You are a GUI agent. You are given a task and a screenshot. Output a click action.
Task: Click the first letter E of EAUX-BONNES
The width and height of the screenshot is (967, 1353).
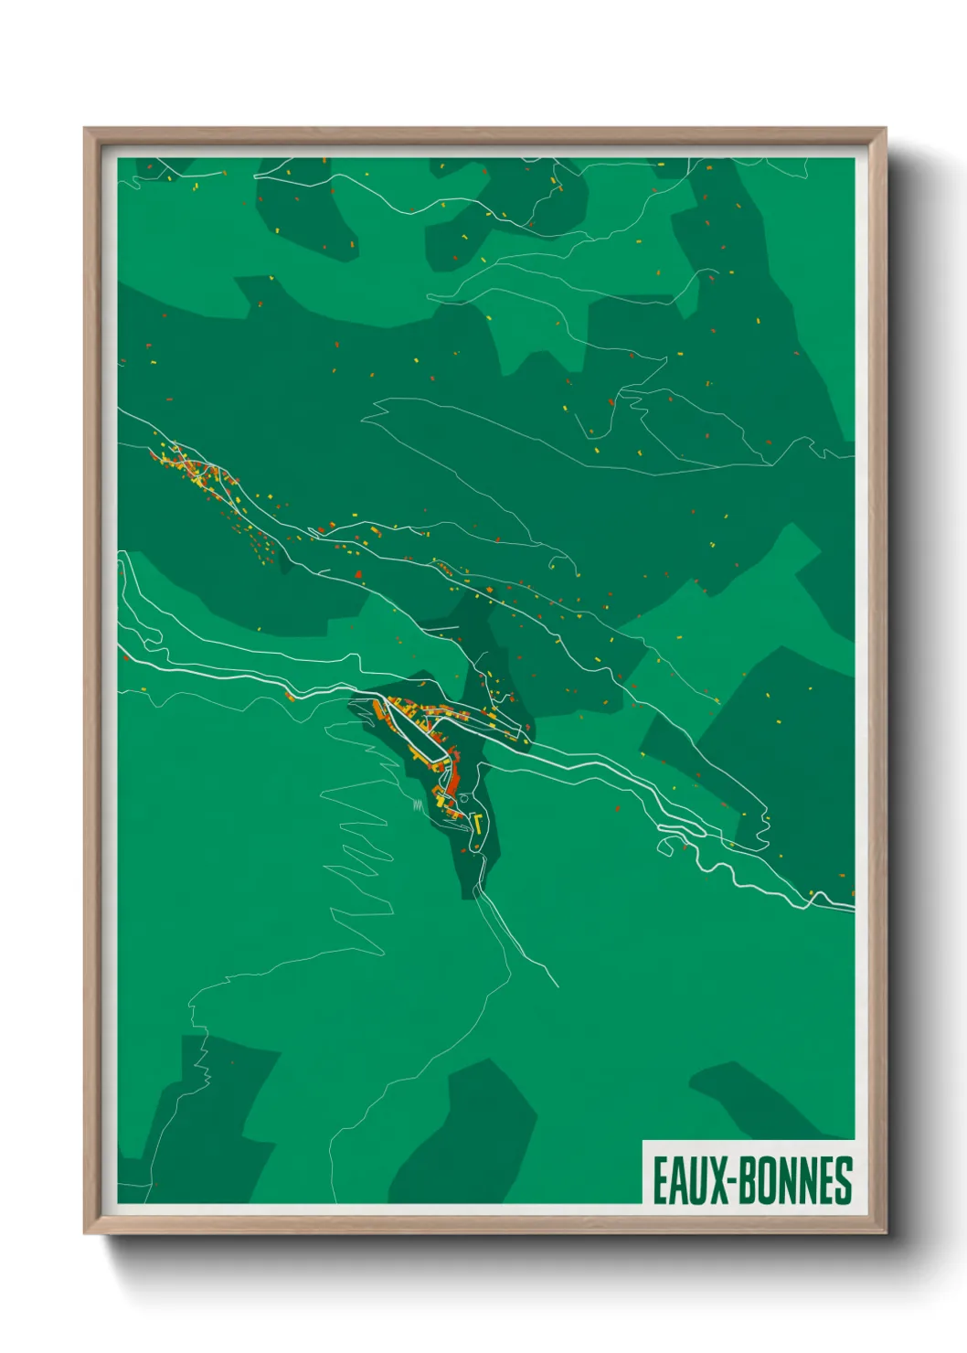click(661, 1180)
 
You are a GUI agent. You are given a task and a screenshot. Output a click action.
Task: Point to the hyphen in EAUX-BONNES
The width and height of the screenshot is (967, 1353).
click(732, 1180)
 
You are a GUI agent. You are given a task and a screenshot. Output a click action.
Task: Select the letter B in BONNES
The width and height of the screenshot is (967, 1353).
click(748, 1180)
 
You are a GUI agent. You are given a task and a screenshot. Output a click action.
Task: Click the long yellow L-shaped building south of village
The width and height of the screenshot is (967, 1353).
click(478, 823)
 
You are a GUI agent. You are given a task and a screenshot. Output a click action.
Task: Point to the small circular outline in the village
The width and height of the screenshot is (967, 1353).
click(463, 799)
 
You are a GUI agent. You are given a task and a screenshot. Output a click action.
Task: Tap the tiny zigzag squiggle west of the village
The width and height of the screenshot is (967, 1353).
click(418, 804)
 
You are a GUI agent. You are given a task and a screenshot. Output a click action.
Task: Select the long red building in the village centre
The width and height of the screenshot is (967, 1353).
click(453, 779)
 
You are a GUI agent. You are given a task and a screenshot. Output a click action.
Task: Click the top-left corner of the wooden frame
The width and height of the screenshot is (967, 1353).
click(86, 129)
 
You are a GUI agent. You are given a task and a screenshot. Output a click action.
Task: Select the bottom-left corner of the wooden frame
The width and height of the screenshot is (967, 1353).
click(86, 1233)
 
